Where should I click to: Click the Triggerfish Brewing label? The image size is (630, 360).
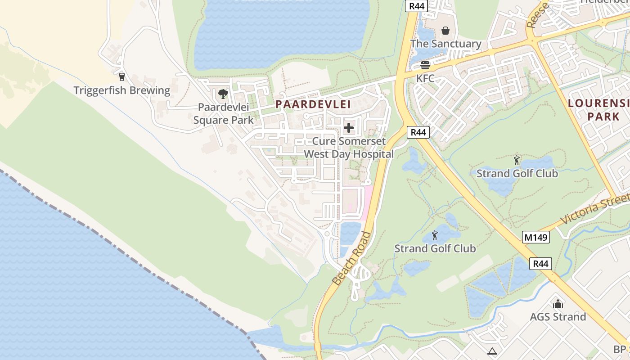point(122,90)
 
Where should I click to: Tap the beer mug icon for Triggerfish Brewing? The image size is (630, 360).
point(121,76)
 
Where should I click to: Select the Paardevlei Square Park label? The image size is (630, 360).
point(223,114)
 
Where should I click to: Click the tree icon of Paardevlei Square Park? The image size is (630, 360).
point(223,94)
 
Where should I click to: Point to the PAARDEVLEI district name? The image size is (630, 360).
point(313,104)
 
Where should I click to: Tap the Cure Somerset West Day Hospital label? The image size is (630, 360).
point(349,148)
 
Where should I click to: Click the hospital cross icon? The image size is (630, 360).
point(349,128)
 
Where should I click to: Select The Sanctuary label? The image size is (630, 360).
point(445,44)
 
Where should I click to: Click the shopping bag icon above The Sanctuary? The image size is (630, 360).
point(445,31)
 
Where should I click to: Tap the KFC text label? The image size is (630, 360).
point(425,78)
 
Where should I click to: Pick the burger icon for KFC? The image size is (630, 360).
point(425,65)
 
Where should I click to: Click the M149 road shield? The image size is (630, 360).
point(536,237)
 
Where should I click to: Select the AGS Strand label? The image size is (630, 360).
point(558,317)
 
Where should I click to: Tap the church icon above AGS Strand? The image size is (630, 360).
point(558,304)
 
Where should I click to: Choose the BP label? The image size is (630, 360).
point(619,349)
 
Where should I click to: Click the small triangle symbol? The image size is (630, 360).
point(492,351)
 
